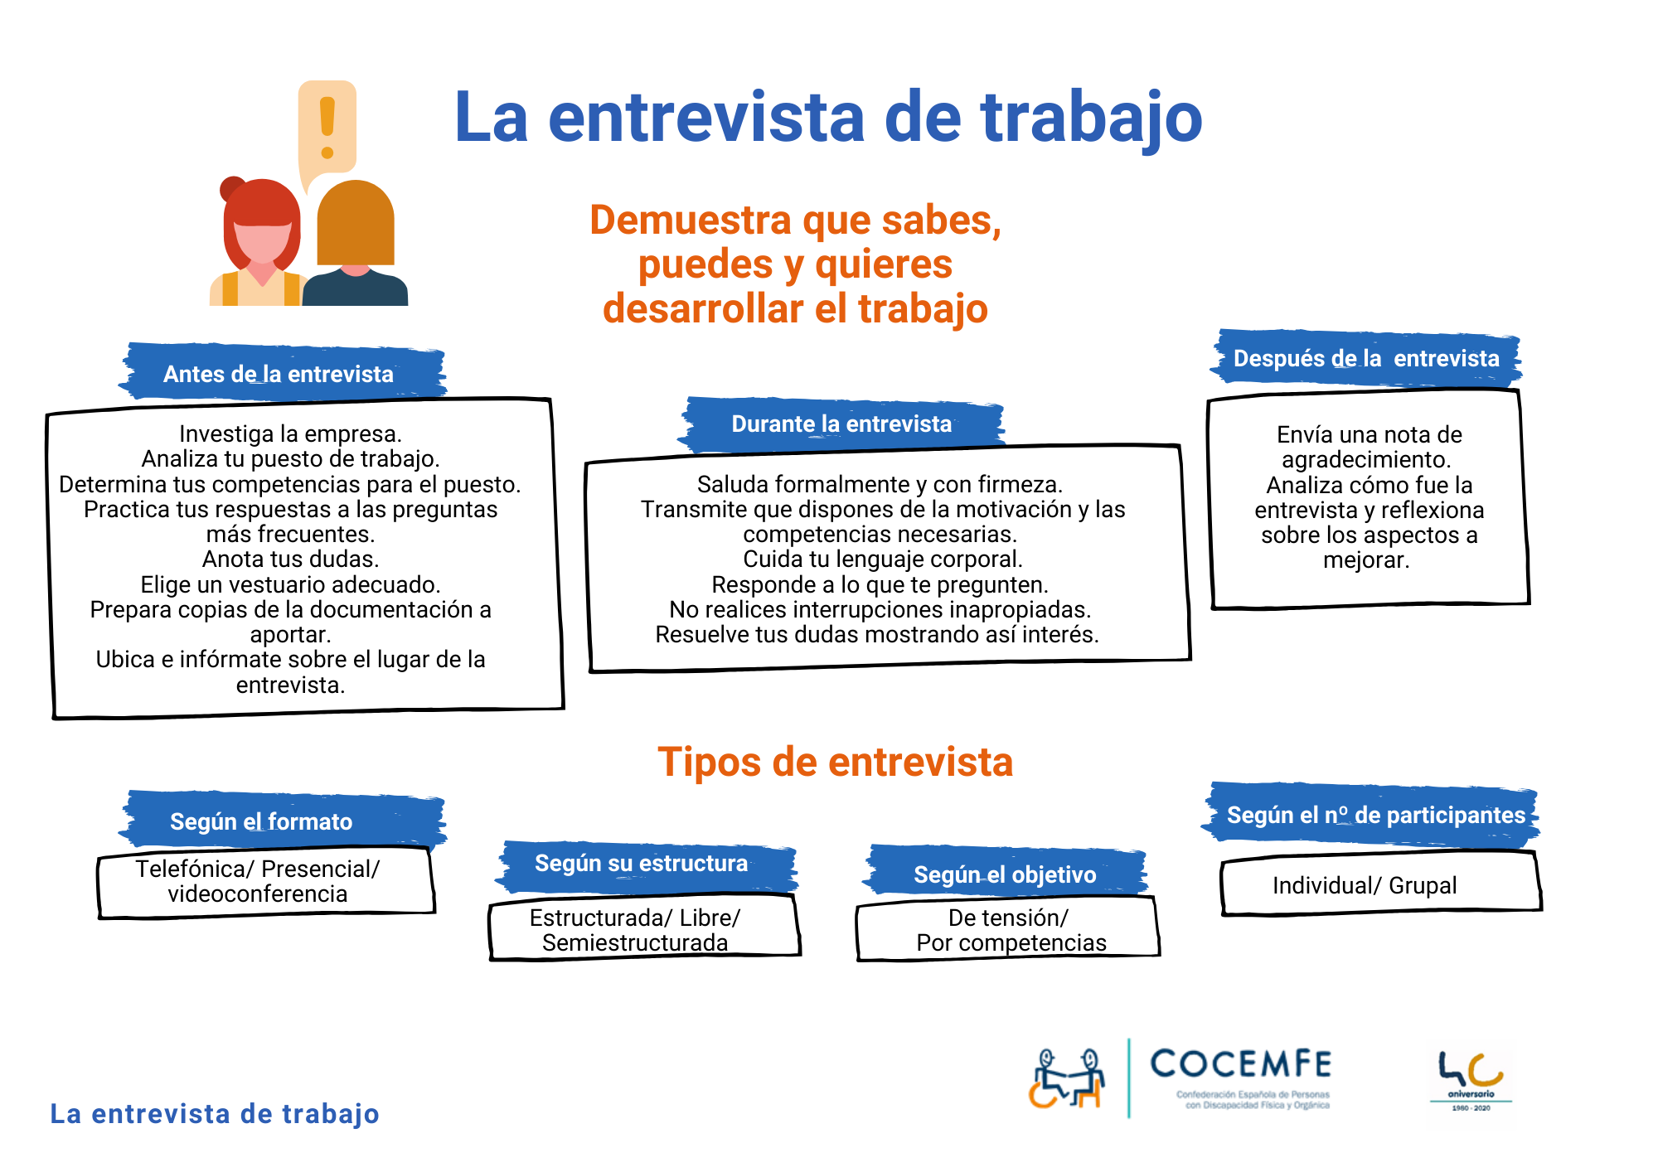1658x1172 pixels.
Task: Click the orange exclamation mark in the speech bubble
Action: pyautogui.click(x=327, y=128)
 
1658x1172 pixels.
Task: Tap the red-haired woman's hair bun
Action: pyautogui.click(x=232, y=189)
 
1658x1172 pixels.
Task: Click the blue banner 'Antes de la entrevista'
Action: pyautogui.click(x=282, y=372)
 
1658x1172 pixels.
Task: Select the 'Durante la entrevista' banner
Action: pyautogui.click(x=841, y=424)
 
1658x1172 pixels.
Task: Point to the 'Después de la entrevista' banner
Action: pyautogui.click(x=1366, y=358)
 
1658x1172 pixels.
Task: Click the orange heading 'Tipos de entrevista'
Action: pyautogui.click(x=835, y=762)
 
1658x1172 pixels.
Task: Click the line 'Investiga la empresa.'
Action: pyautogui.click(x=290, y=433)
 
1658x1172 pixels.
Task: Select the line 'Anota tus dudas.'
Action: pyautogui.click(x=290, y=559)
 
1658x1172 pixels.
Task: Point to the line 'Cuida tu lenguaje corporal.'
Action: pyautogui.click(x=883, y=559)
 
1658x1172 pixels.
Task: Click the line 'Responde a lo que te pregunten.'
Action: pyautogui.click(x=880, y=584)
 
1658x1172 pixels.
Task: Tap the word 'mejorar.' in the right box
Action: pyautogui.click(x=1366, y=560)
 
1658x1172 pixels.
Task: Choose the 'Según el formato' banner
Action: pyautogui.click(x=282, y=820)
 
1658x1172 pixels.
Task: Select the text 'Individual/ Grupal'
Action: pyautogui.click(x=1365, y=885)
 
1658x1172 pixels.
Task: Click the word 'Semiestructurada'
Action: pyautogui.click(x=635, y=942)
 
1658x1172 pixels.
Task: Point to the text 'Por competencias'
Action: pyautogui.click(x=1011, y=942)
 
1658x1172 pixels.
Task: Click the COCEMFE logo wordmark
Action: pyautogui.click(x=1241, y=1064)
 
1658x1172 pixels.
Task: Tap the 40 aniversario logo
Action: pyautogui.click(x=1471, y=1081)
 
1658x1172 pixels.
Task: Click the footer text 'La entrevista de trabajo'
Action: pyautogui.click(x=215, y=1114)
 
